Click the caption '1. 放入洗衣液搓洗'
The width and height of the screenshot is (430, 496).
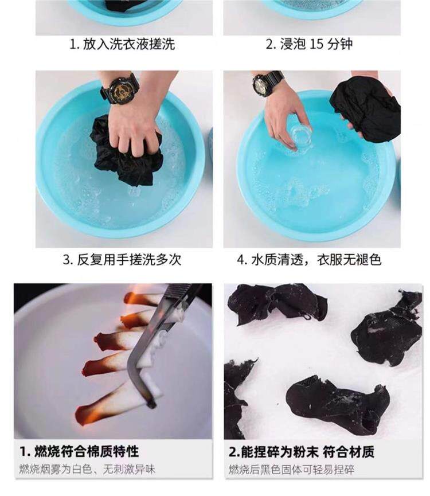point(122,44)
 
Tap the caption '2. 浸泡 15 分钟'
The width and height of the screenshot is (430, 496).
point(309,44)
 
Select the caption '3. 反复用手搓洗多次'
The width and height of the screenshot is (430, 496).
point(122,260)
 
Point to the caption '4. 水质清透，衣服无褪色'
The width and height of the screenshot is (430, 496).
point(309,260)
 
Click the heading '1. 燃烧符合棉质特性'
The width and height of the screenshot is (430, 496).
point(79,451)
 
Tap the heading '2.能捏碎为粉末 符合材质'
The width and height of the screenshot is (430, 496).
point(302,452)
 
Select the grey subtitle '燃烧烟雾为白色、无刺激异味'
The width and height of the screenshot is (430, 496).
point(87,469)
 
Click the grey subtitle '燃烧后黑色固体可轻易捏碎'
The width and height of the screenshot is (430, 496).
point(291,470)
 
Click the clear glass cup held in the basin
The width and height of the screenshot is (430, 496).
point(299,138)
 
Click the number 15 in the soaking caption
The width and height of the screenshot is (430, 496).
point(316,44)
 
